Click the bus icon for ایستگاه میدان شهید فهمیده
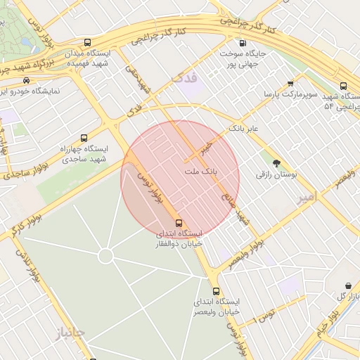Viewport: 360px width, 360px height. click(x=87, y=43)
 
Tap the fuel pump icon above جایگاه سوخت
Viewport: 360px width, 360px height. click(x=243, y=42)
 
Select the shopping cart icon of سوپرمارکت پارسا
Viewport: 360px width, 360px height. click(x=290, y=83)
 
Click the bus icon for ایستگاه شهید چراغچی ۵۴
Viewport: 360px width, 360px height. click(x=343, y=86)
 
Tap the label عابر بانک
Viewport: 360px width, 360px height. click(x=243, y=129)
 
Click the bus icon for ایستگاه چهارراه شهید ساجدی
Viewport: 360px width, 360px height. click(x=84, y=138)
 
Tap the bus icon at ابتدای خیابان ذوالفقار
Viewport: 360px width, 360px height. click(x=178, y=221)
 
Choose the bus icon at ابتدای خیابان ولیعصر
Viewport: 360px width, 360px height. click(x=216, y=291)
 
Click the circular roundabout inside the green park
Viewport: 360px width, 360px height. click(x=105, y=256)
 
